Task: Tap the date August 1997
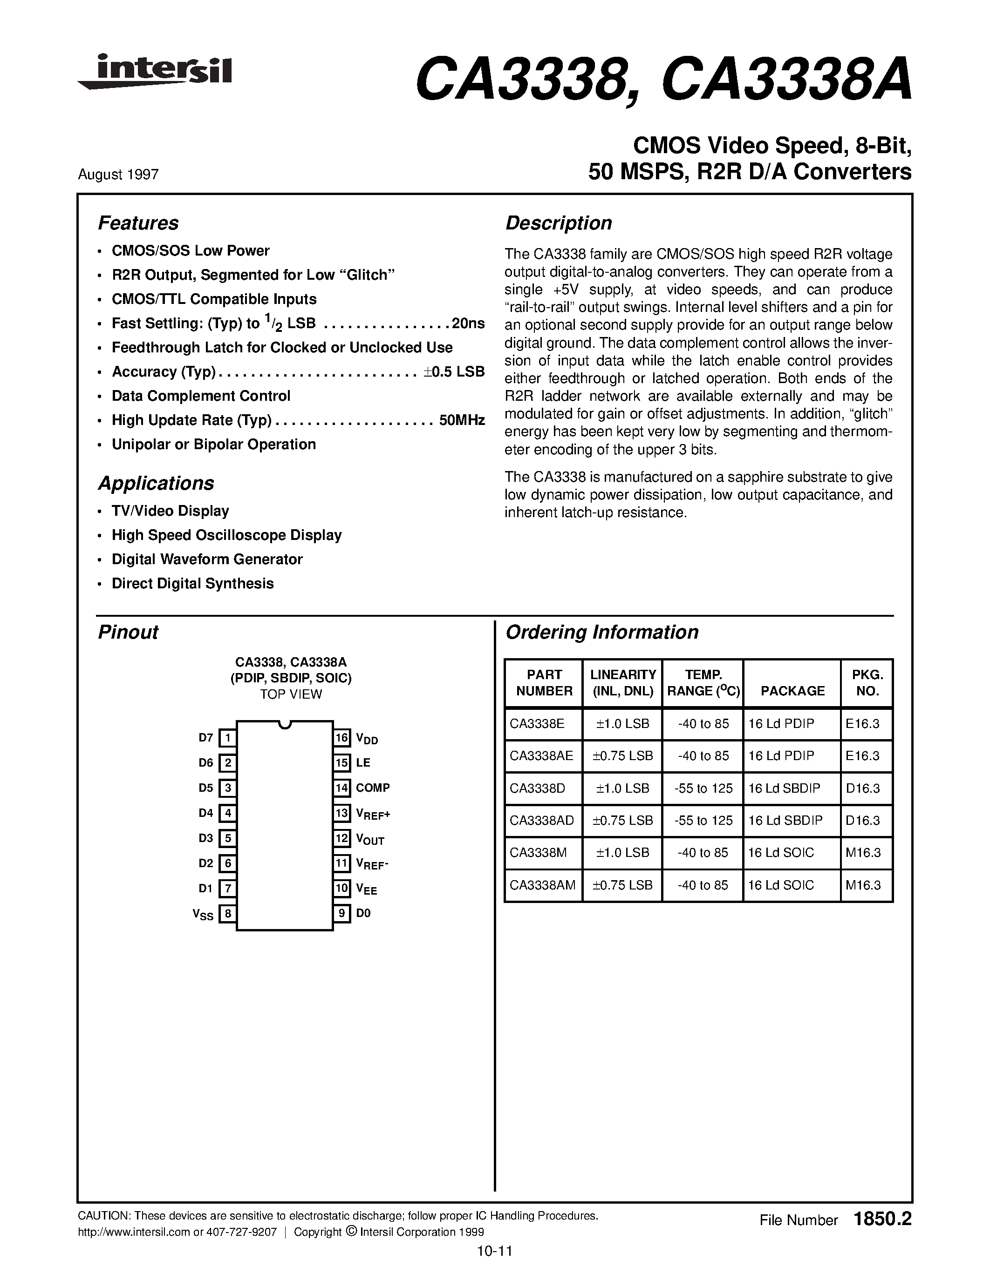click(118, 175)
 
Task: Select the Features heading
click(138, 223)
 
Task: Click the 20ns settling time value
click(468, 323)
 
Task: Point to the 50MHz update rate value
click(462, 420)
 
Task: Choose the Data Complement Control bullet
click(201, 396)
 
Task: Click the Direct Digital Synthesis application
click(192, 584)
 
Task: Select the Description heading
click(558, 223)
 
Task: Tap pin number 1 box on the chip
click(227, 738)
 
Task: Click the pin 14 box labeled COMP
click(342, 788)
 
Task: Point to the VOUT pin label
click(369, 839)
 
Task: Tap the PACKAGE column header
click(792, 691)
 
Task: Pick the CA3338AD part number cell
click(542, 821)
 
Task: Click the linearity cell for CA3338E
click(622, 724)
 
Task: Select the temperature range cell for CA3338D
click(703, 788)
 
